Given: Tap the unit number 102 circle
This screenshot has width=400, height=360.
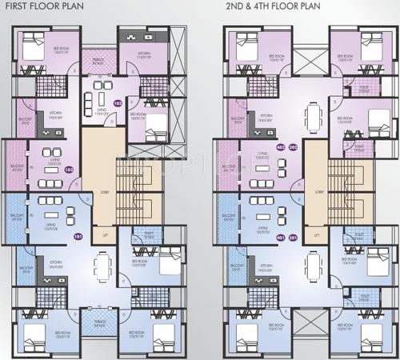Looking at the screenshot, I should [118, 103].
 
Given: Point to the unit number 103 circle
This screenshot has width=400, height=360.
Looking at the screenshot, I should [69, 169].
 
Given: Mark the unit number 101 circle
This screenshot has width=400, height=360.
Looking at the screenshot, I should [78, 237].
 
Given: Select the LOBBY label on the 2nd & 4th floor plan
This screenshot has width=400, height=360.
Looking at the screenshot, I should [318, 192].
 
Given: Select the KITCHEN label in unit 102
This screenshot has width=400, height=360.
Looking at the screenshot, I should [145, 59].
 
